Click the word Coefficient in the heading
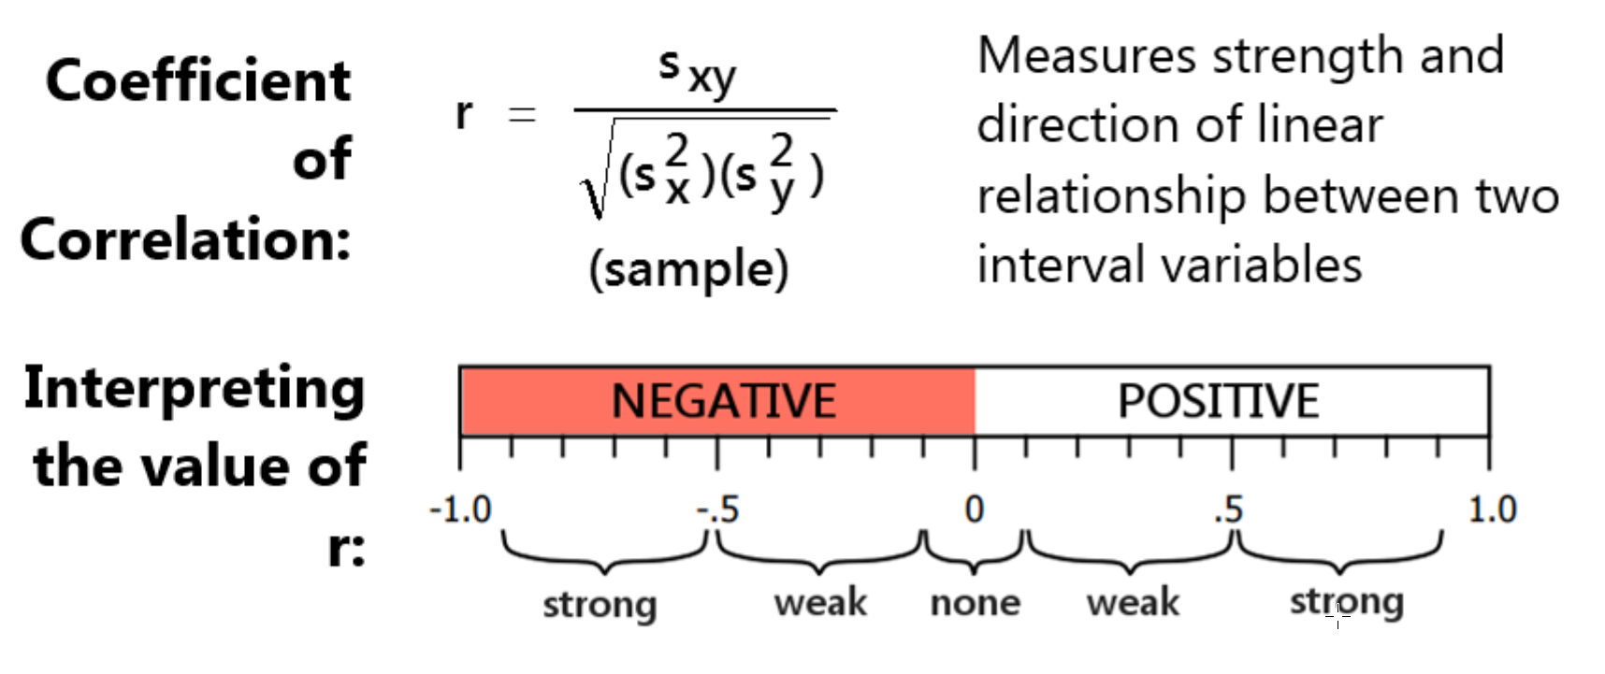[x=198, y=81]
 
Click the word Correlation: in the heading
[x=185, y=239]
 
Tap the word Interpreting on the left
[x=194, y=389]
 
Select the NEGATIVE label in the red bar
[x=723, y=401]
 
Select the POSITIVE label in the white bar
[x=1218, y=401]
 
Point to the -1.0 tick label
[x=460, y=510]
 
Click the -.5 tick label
[x=718, y=510]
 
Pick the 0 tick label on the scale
[x=975, y=510]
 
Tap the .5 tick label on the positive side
[x=1229, y=510]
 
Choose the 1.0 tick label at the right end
[x=1492, y=510]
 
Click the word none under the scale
[x=975, y=603]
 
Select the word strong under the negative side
[x=600, y=605]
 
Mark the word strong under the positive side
[x=1347, y=603]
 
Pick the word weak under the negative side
[x=820, y=603]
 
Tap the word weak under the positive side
[x=1133, y=603]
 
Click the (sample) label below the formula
[x=689, y=270]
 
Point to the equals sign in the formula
[x=521, y=115]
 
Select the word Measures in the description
[x=1086, y=56]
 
